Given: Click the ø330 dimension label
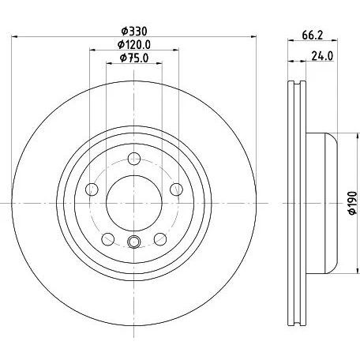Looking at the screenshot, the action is [134, 32].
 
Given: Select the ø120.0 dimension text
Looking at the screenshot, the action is [134, 44].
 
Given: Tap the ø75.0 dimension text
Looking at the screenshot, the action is [134, 58].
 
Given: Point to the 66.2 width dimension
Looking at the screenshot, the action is [313, 35].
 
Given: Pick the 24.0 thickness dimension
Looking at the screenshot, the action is [322, 56].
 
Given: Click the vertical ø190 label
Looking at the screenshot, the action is [353, 203].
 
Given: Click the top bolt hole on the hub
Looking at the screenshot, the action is [134, 159].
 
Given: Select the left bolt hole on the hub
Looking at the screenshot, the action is [92, 189].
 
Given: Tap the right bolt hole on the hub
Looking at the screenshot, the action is [176, 189].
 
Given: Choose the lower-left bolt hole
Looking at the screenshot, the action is [108, 239].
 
